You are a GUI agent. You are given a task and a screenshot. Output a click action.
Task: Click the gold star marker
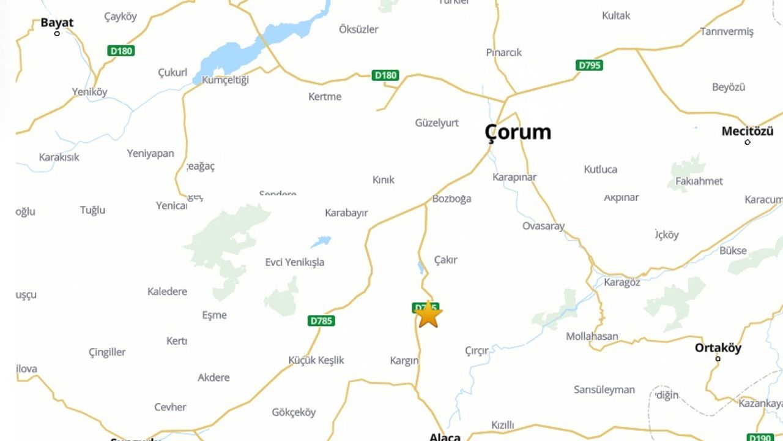[429, 314]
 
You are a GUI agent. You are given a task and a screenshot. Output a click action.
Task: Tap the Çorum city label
[518, 132]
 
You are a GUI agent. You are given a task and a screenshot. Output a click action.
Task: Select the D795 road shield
[589, 65]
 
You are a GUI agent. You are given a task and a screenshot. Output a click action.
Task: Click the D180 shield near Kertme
[385, 75]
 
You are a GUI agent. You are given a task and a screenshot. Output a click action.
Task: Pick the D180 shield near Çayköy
[121, 51]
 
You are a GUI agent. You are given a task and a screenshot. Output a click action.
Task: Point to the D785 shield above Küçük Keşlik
[322, 321]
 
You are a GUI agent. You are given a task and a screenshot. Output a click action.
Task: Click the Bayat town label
[57, 23]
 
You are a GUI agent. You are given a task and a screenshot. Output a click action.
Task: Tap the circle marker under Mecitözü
[748, 142]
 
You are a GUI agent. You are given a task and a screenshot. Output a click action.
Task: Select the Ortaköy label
[718, 348]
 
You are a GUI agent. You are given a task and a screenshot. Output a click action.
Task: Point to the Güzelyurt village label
[437, 123]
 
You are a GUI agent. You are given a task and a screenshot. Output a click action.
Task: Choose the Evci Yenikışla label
[295, 262]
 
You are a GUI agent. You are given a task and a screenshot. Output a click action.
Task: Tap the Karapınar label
[514, 177]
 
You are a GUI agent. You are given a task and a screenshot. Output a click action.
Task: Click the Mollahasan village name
[592, 336]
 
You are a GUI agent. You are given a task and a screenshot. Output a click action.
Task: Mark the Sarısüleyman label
[604, 390]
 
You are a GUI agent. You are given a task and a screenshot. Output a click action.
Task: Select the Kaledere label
[167, 292]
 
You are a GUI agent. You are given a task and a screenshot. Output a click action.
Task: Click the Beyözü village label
[729, 87]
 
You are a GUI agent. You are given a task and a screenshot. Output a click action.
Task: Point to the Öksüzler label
[358, 29]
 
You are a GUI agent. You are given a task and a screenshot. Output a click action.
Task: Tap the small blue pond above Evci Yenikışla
[321, 241]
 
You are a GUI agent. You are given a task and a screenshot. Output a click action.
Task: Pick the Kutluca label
[600, 169]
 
